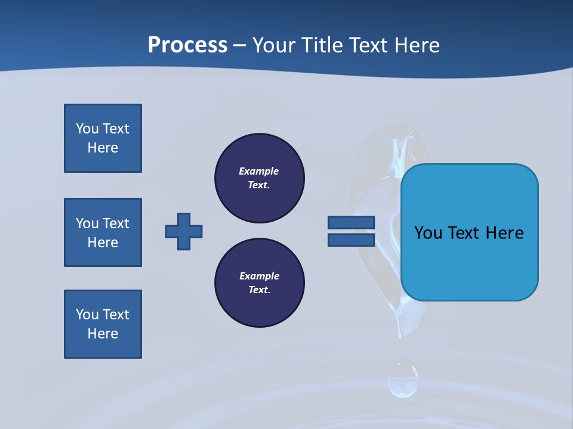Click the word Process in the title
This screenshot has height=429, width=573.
pos(187,45)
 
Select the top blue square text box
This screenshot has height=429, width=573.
pos(103,138)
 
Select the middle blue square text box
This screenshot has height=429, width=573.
pos(103,232)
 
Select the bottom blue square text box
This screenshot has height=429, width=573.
pos(103,324)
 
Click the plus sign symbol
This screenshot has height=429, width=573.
pos(184,231)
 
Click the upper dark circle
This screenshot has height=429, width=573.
pos(260,178)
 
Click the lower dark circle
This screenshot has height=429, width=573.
pos(260,283)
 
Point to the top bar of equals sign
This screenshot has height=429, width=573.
pos(351,222)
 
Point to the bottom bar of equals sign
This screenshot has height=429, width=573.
pos(351,240)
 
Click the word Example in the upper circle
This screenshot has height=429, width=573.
pos(258,171)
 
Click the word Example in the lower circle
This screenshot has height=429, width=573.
pos(259,276)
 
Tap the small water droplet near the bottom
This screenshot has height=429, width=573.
pos(402,379)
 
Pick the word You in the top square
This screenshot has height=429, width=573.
pos(87,129)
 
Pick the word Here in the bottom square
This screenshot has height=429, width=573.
pos(103,334)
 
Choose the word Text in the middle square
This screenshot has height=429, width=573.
pos(116,223)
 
